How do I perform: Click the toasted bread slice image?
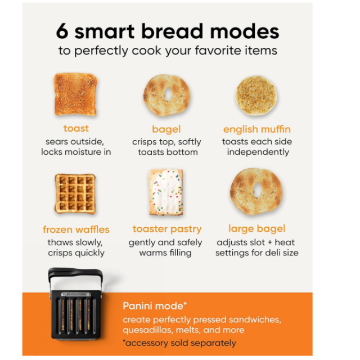75,94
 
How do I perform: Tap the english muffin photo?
256,95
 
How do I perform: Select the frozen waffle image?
75,193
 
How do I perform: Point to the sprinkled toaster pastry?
166,192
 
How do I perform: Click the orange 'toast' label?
76,128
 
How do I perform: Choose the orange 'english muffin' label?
257,129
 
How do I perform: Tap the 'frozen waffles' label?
76,229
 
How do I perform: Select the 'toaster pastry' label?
167,229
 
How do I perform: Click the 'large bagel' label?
257,229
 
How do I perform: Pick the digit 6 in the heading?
62,31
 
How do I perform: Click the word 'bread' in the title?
173,31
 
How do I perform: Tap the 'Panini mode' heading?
155,306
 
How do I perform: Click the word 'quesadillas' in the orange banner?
147,330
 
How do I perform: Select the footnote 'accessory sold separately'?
179,343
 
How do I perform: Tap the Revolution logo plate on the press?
75,294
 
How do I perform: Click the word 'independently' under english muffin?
258,152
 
